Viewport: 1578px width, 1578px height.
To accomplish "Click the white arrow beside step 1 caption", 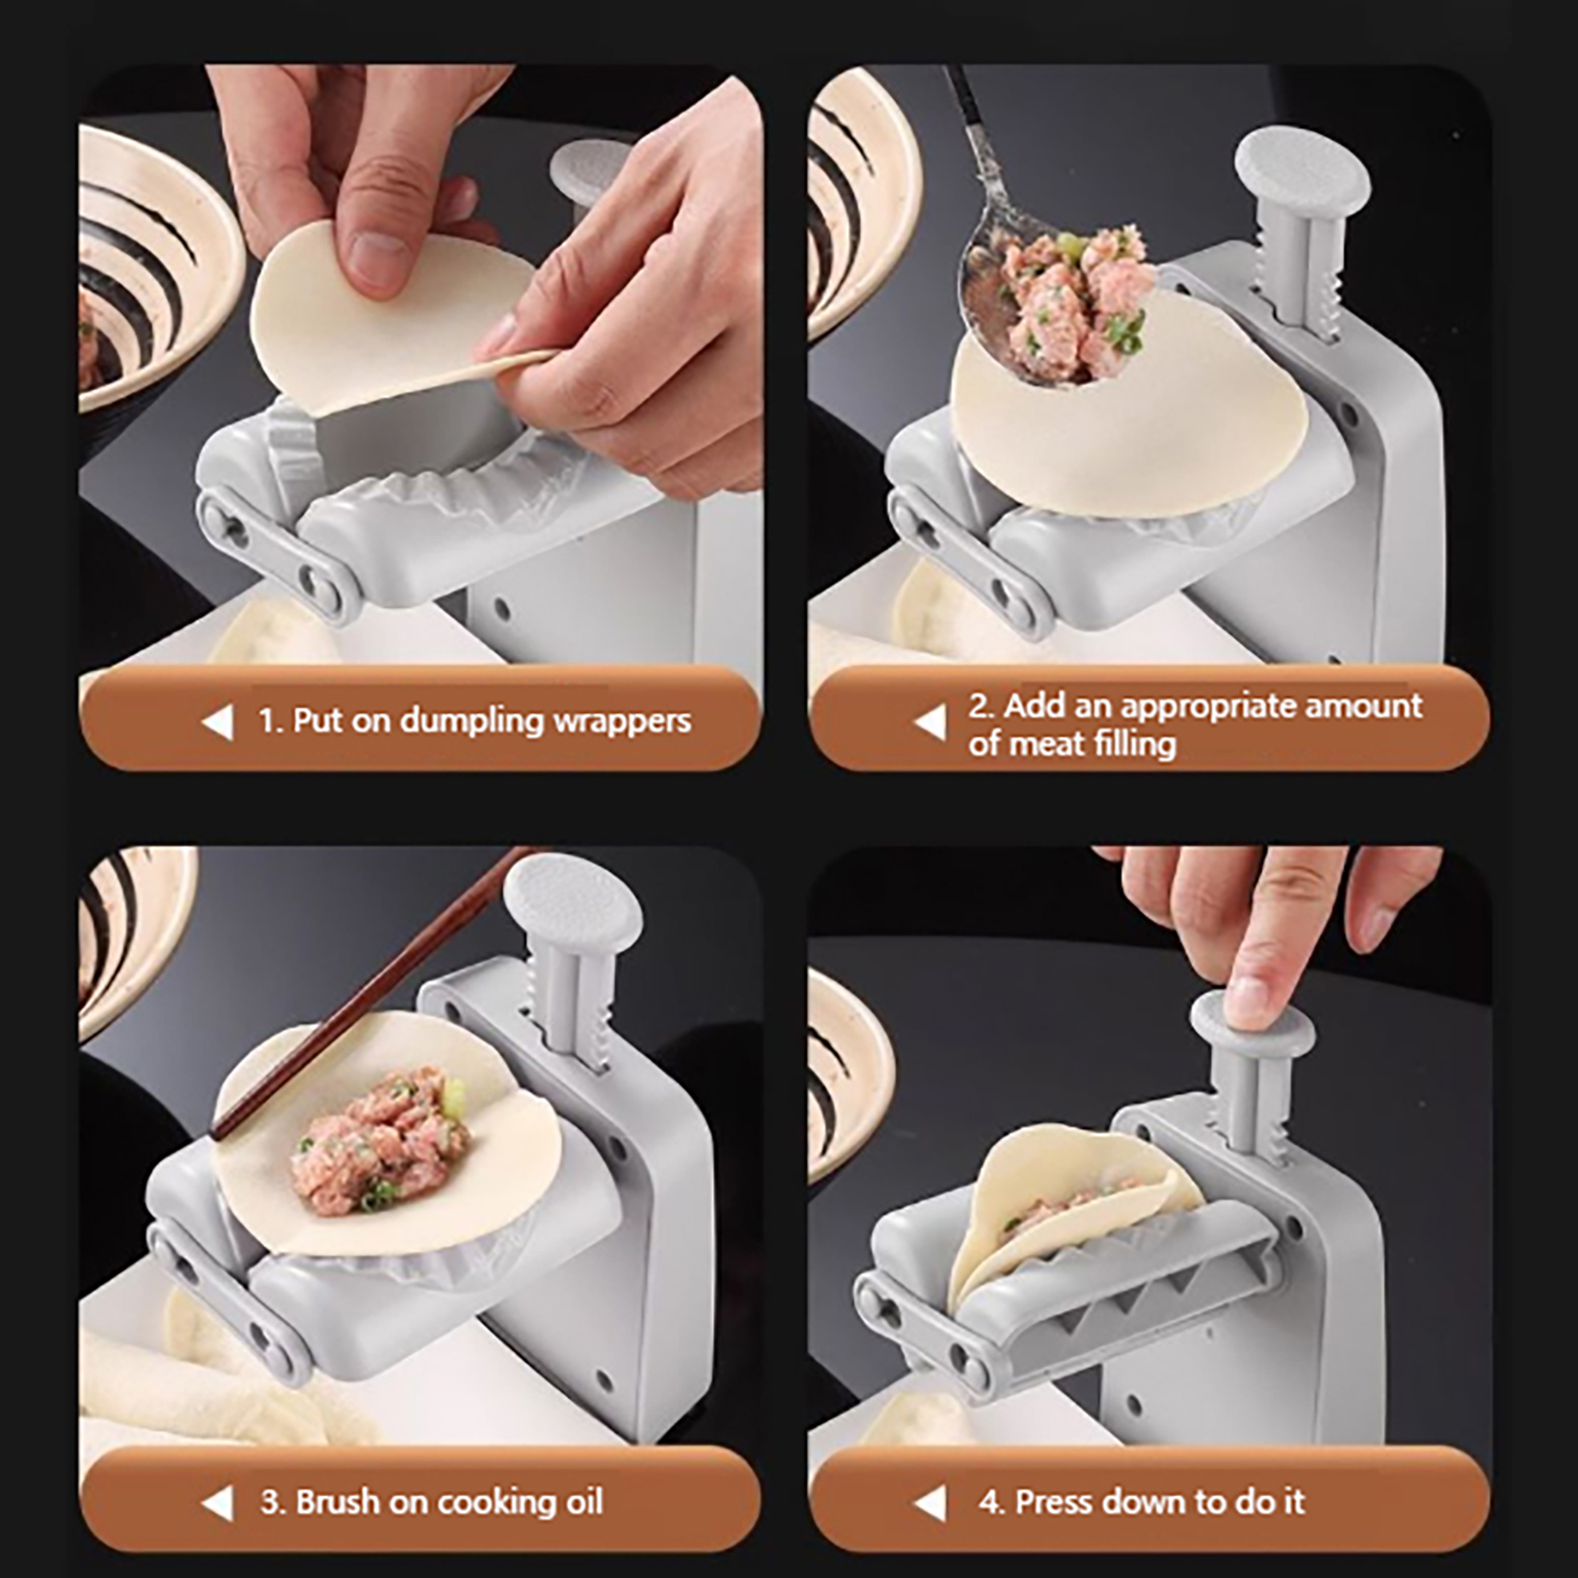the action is point(218,722).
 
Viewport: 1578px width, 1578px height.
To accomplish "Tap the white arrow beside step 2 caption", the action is point(930,723).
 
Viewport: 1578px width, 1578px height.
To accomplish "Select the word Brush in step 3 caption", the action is point(338,1502).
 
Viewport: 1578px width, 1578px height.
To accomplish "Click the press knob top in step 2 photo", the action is point(1302,170).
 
